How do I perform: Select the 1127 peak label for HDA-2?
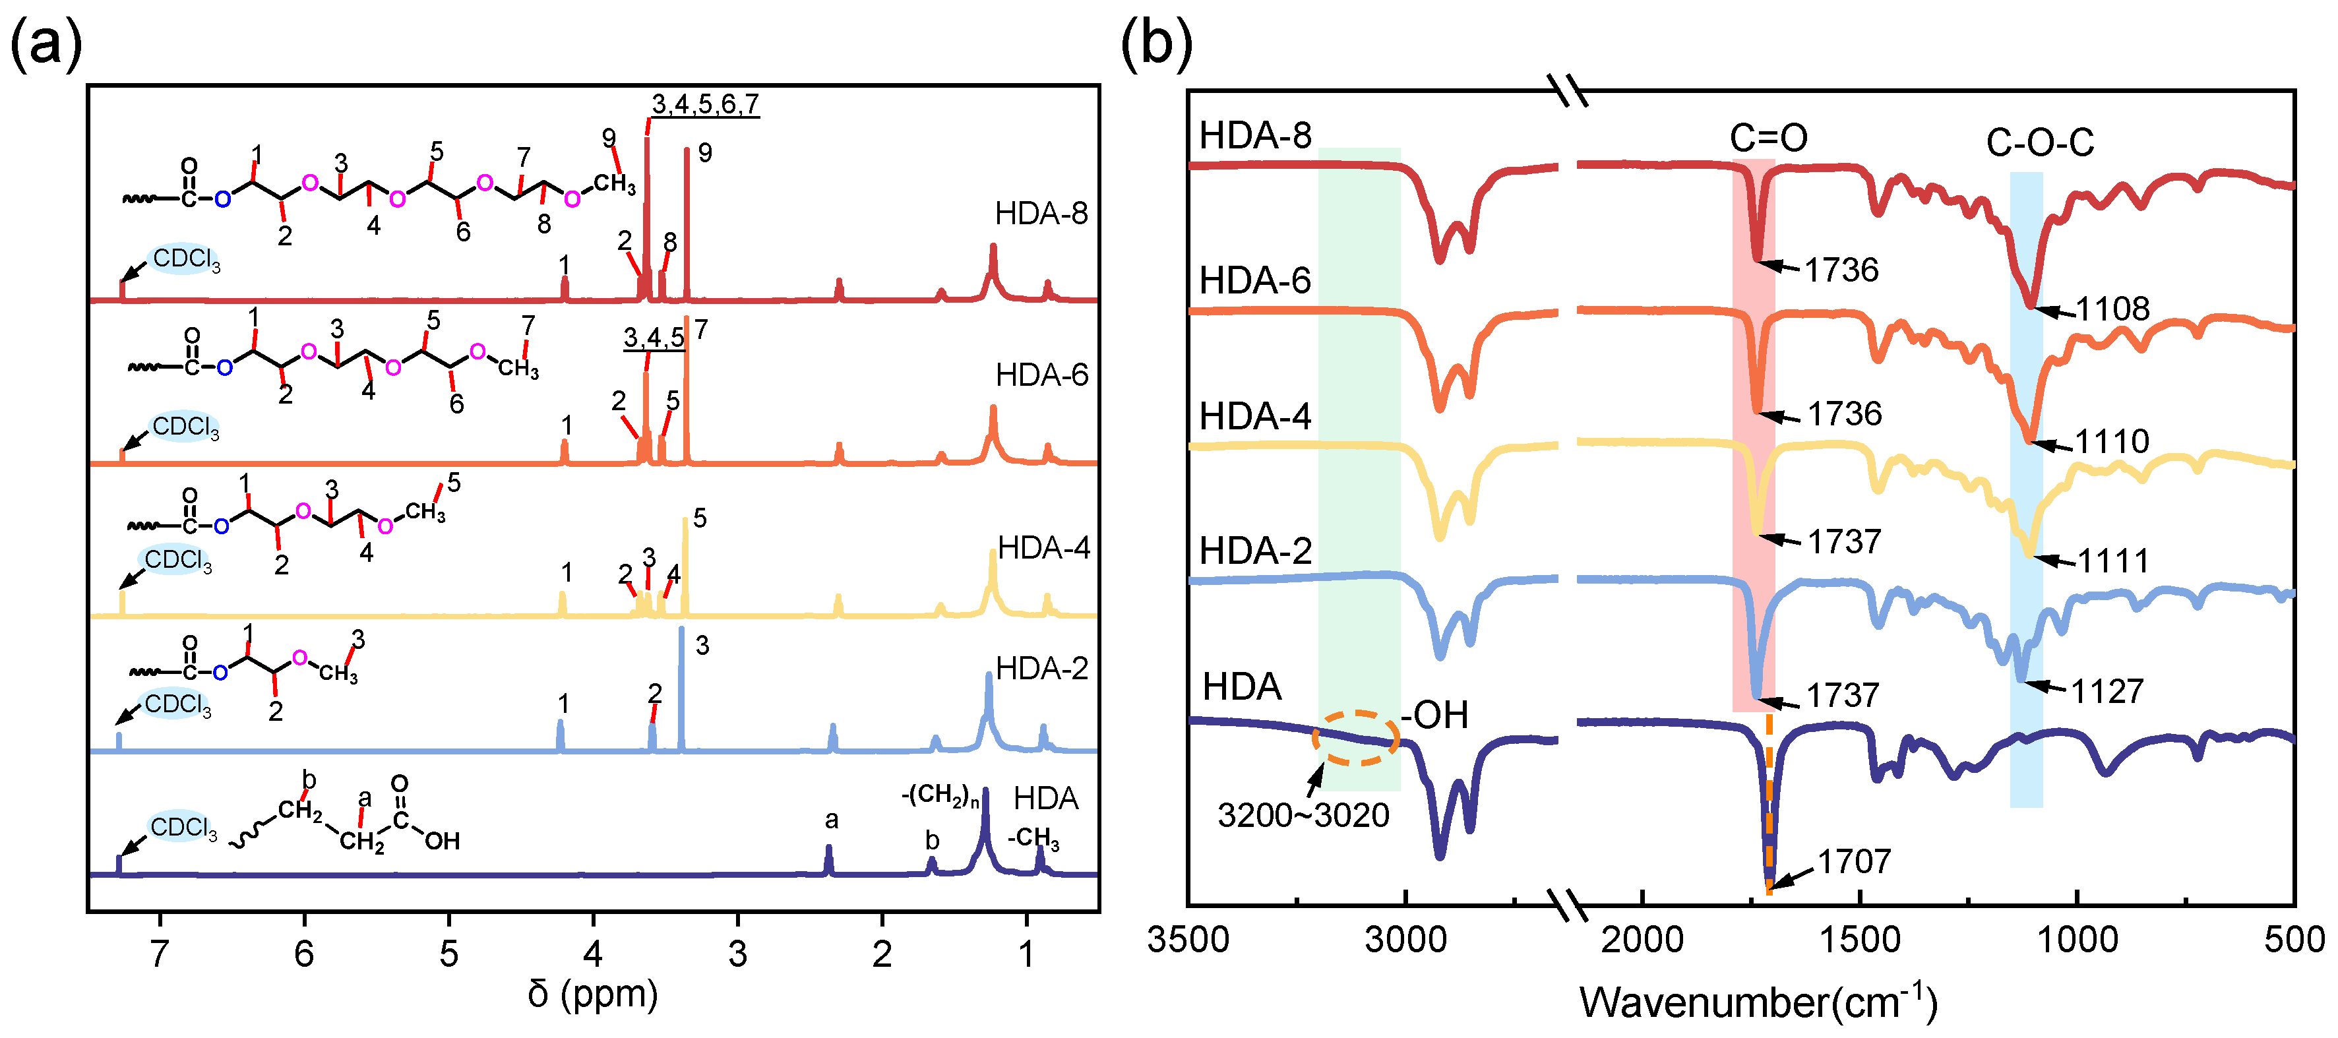click(x=2107, y=691)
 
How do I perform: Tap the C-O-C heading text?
click(x=2039, y=142)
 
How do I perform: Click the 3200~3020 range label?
click(x=1303, y=816)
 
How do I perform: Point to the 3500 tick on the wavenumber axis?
click(x=1187, y=939)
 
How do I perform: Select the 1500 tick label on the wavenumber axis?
click(x=1860, y=939)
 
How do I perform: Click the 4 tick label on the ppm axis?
click(x=593, y=954)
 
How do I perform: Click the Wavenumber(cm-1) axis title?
click(x=1758, y=1002)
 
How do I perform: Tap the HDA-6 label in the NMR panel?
click(x=1041, y=375)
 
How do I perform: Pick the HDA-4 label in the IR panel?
click(x=1254, y=417)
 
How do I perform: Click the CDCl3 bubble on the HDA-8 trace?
click(x=185, y=260)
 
